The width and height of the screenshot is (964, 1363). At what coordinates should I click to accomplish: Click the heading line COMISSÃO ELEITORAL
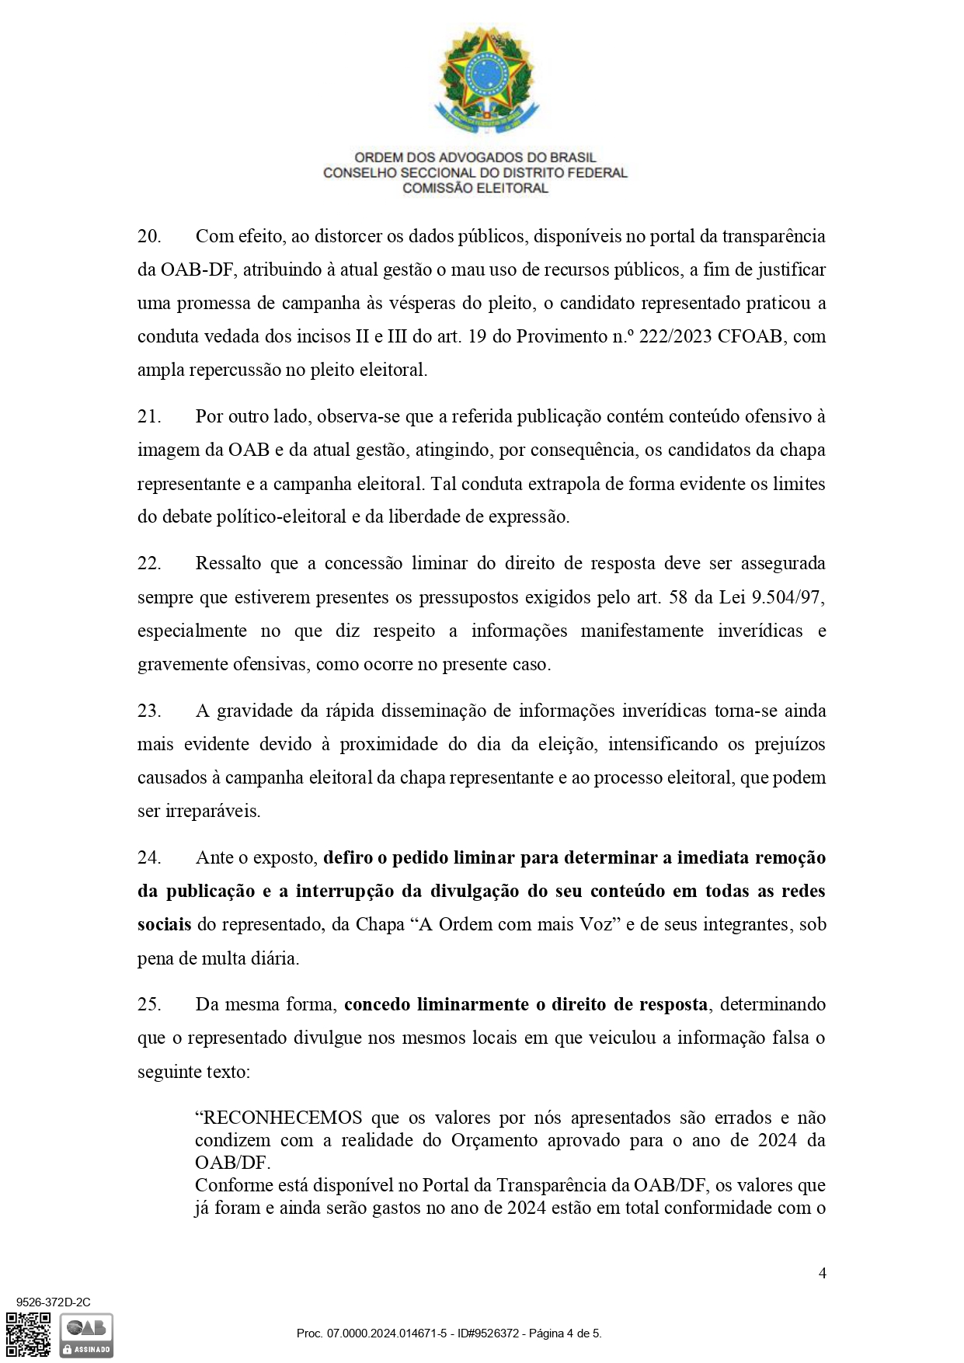475,188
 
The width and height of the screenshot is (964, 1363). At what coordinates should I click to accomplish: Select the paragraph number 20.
148,236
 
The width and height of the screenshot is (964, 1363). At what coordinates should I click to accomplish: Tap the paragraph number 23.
148,711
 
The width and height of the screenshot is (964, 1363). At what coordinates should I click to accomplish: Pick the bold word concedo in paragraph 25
377,1004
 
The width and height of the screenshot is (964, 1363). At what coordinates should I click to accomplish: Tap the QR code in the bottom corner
28,1334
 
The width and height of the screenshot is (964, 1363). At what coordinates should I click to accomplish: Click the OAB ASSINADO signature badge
86,1335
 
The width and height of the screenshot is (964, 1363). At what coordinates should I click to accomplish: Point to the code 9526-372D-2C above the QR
53,1302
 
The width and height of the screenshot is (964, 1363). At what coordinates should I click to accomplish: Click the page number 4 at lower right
823,1273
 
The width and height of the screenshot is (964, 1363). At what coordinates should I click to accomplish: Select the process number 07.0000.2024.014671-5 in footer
386,1333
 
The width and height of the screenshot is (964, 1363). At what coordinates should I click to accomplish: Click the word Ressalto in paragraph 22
226,563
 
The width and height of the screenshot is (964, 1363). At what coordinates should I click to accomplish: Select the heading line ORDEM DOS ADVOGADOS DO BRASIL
475,158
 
